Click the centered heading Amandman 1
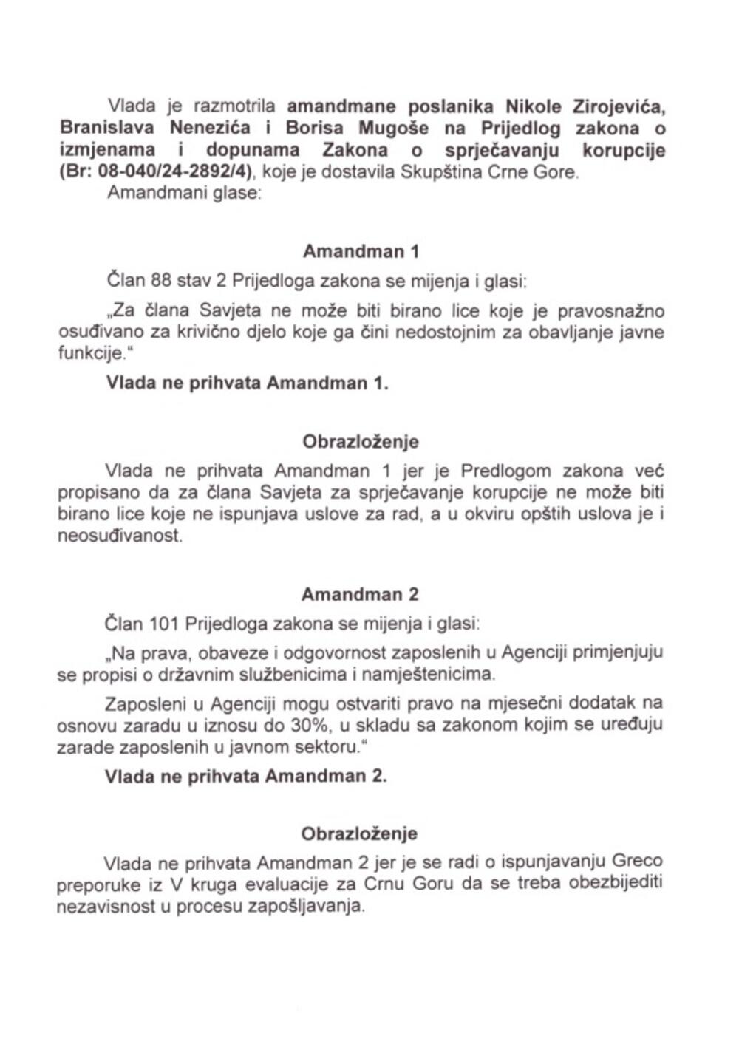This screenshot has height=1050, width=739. (x=361, y=251)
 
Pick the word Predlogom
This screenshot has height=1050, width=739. (x=505, y=471)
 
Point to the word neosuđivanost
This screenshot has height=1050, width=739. (x=119, y=536)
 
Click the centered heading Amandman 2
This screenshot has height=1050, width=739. (x=360, y=594)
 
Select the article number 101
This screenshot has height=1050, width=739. (x=163, y=624)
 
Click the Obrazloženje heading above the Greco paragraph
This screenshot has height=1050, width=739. (x=359, y=833)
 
